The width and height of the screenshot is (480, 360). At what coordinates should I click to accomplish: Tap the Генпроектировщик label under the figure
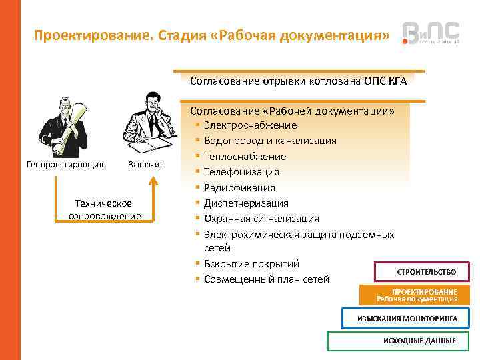[x=65, y=164]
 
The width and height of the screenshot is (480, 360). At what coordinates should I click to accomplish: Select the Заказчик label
[x=145, y=164]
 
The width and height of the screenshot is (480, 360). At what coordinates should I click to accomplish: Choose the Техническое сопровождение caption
[x=105, y=209]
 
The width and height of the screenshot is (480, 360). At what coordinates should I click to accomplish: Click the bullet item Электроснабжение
[x=251, y=125]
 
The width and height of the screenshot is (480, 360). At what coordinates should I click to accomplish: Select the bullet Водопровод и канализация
[x=270, y=141]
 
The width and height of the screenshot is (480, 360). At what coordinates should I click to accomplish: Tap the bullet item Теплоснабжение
[x=245, y=157]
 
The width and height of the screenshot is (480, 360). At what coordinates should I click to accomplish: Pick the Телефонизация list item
[x=241, y=172]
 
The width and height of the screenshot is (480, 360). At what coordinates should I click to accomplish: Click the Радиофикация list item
[x=239, y=188]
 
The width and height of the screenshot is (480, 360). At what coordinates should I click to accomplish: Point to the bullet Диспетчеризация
[x=246, y=203]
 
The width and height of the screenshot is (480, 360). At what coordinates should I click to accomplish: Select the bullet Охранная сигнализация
[x=261, y=219]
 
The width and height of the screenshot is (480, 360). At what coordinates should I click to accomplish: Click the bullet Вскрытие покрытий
[x=251, y=264]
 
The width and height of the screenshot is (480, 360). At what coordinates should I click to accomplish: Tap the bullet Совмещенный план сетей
[x=267, y=279]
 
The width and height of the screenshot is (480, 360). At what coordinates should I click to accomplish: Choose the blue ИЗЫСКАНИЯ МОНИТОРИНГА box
[x=407, y=319]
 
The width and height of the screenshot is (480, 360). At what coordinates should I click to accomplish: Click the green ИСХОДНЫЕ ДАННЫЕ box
[x=399, y=341]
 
